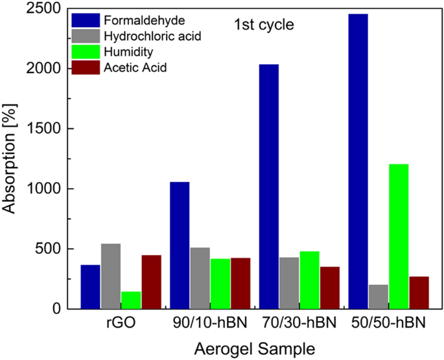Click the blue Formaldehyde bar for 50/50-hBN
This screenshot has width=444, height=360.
pos(358,161)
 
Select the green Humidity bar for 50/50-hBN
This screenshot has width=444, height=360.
pos(399,236)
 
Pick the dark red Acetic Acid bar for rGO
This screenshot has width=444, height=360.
pos(151,282)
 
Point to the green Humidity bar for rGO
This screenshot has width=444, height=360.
pos(131,300)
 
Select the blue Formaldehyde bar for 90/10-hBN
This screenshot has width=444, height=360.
pos(180,245)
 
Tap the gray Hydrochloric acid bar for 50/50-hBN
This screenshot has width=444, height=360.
pos(378,297)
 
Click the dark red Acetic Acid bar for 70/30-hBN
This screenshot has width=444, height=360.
pos(329,287)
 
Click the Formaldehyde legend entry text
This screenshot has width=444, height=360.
pos(134,21)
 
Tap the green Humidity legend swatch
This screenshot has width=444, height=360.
pos(85,52)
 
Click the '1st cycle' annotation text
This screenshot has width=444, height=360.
pos(264,26)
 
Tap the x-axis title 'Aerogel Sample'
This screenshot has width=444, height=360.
pos(255,348)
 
